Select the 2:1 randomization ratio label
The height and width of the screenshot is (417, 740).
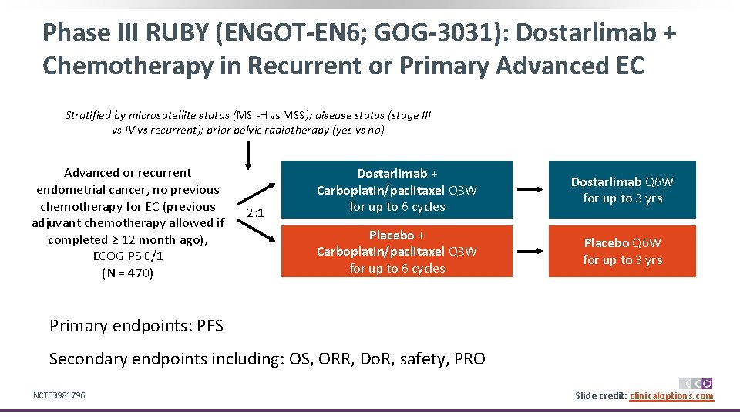coord(256,213)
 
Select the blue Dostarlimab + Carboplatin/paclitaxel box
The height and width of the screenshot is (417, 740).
coord(396,190)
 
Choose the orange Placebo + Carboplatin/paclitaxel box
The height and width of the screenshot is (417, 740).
coord(396,251)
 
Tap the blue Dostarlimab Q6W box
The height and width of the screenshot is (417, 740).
coord(622,190)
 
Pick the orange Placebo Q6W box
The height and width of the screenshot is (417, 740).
coord(622,251)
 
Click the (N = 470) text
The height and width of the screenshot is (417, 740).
coord(128,273)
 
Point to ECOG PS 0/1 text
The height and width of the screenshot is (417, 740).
coord(128,256)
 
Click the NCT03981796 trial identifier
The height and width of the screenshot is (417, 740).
coord(60,395)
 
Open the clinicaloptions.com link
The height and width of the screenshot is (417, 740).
coord(671,396)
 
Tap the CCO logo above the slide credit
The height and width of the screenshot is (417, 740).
coord(696,383)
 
